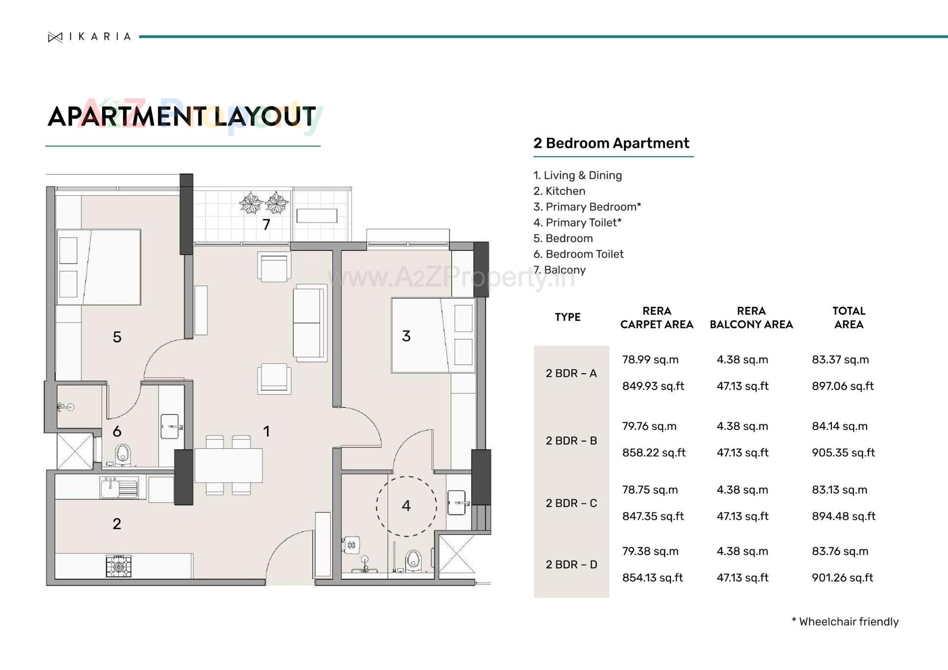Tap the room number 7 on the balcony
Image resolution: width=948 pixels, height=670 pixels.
click(266, 225)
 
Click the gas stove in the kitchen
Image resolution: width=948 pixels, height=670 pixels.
click(118, 566)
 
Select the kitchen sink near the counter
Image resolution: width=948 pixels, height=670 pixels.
click(119, 488)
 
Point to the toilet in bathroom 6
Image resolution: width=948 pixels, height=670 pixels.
click(123, 455)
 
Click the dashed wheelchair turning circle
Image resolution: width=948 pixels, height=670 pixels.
click(406, 506)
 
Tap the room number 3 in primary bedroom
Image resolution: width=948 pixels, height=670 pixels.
click(406, 336)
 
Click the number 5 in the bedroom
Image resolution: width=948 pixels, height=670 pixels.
click(117, 337)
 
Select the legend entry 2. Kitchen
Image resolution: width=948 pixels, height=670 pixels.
click(559, 191)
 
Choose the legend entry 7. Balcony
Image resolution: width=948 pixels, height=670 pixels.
click(559, 270)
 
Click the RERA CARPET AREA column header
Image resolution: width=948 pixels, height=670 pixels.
click(656, 317)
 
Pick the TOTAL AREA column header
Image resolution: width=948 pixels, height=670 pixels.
click(848, 317)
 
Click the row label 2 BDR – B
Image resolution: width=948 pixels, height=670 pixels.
click(571, 440)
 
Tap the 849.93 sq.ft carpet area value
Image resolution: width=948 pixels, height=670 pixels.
click(653, 386)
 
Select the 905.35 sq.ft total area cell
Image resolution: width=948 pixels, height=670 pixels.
click(843, 453)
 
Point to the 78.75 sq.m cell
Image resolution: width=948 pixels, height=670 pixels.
click(650, 490)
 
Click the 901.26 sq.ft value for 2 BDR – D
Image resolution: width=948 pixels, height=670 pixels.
click(842, 578)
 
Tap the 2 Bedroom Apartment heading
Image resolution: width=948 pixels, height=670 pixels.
click(611, 143)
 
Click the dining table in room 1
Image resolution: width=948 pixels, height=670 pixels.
click(228, 465)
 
